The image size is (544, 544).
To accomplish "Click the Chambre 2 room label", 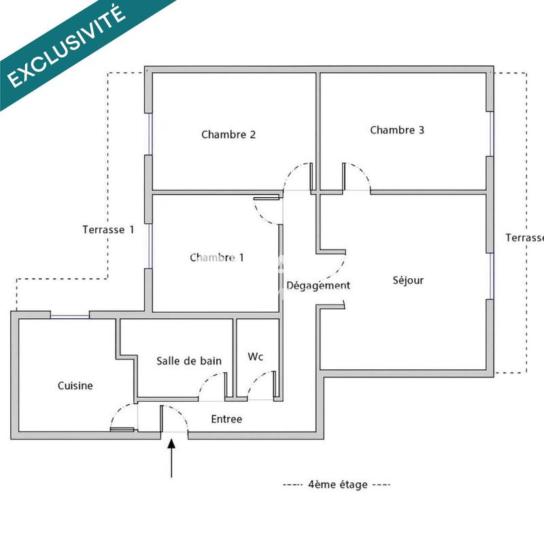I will [228, 135].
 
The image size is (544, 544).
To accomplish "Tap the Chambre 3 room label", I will [397, 130].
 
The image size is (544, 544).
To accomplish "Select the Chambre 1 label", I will [217, 258].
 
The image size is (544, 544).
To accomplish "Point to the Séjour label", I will [408, 280].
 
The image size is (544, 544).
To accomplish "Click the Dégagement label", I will [318, 286].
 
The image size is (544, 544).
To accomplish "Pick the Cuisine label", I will [75, 386].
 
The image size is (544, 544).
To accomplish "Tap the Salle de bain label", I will [189, 360].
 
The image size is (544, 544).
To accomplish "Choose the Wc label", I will [256, 356].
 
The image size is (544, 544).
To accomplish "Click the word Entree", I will [226, 419].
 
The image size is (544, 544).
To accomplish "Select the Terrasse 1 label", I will [108, 230].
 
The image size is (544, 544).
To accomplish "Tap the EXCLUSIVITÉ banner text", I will [67, 47].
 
